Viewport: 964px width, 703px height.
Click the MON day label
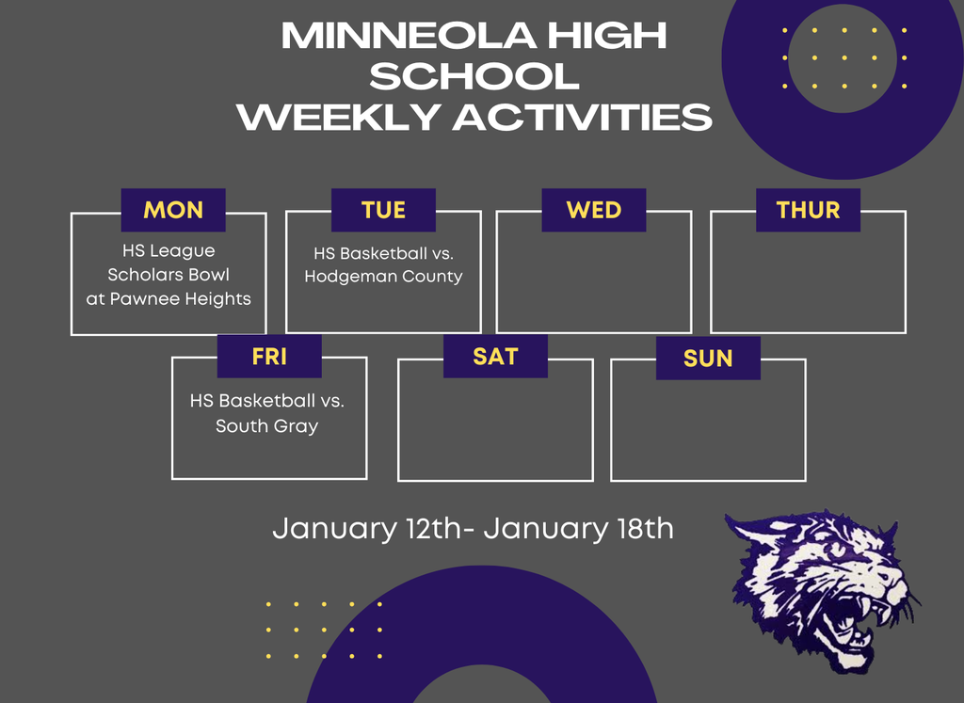(173, 210)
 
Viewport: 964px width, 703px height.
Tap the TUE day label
(384, 210)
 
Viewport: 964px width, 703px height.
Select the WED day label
(594, 210)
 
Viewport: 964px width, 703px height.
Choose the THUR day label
(808, 210)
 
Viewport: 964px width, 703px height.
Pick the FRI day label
(269, 357)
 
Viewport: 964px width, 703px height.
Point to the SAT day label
(495, 357)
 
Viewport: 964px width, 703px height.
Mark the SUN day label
(708, 359)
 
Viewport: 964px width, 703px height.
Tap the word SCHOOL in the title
(474, 76)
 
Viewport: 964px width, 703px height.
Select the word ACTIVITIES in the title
(583, 117)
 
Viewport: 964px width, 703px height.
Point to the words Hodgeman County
(384, 277)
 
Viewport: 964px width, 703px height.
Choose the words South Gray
(266, 426)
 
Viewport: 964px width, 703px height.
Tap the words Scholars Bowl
(169, 275)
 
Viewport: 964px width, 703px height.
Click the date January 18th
(579, 529)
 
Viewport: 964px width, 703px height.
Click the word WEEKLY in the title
(339, 117)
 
